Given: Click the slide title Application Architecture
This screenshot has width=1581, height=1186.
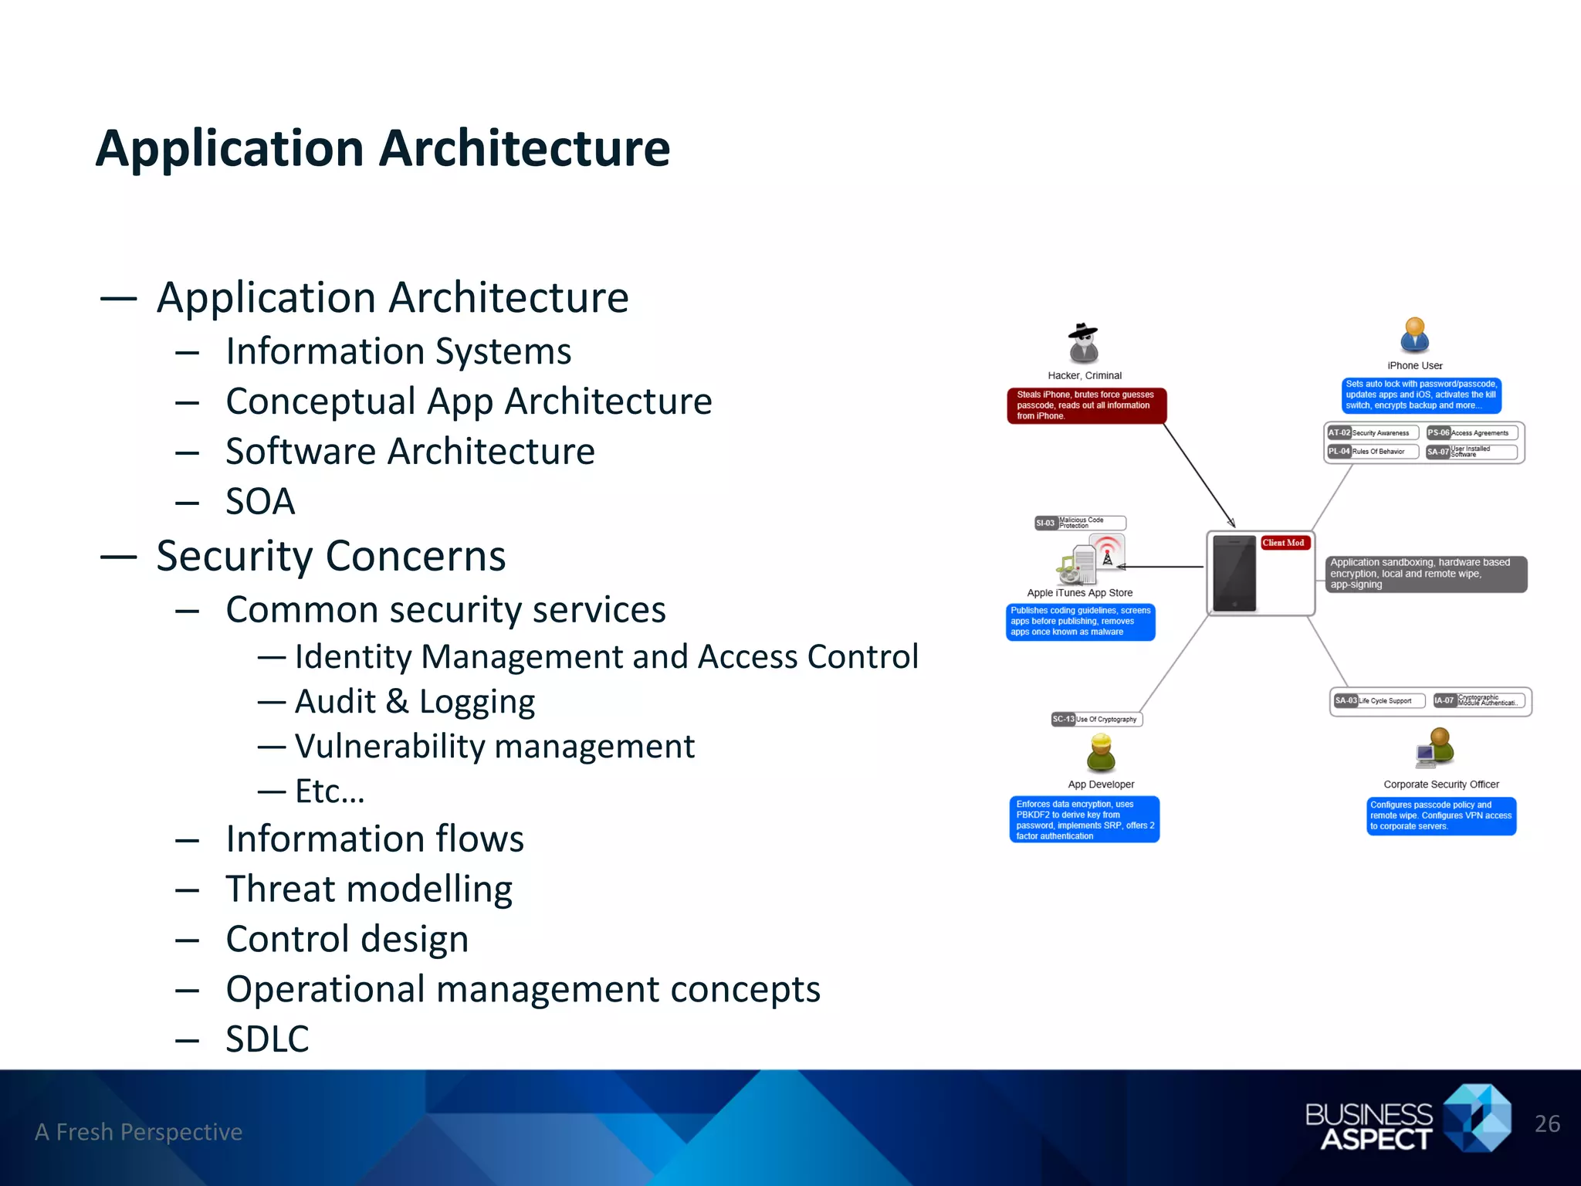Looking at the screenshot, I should point(383,148).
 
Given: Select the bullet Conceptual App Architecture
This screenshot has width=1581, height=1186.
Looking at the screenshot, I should point(469,402).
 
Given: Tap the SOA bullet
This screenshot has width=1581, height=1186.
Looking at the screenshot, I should point(260,502).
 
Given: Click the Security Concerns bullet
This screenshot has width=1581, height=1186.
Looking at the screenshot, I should point(330,556).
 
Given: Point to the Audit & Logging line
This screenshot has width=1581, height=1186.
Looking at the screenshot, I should point(415,702).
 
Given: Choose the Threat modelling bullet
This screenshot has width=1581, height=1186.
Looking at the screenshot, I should point(369,889).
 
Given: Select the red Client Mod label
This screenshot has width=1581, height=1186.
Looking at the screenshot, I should point(1283,543).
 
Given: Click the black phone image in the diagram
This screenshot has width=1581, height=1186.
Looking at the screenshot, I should point(1234,573).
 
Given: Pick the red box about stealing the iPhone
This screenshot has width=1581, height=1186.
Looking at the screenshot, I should point(1085,405).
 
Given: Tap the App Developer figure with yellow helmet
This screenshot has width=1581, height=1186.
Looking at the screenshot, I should point(1101,753).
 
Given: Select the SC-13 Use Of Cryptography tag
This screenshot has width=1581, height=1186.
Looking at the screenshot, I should point(1096,719).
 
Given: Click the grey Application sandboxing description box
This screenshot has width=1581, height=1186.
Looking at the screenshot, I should point(1425,574).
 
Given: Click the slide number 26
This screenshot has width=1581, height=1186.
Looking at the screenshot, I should point(1547,1124).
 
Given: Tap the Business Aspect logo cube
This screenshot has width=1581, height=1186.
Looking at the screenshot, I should point(1478,1117).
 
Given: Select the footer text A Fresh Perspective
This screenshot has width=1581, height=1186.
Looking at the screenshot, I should point(139,1132).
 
